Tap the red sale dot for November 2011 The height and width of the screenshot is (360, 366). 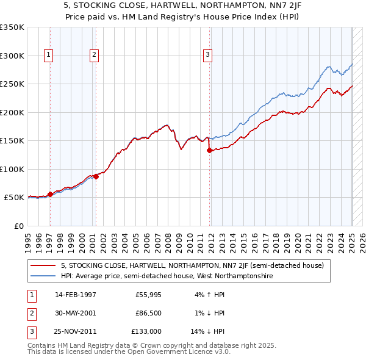tap(209, 150)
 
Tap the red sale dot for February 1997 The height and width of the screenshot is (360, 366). tap(50, 194)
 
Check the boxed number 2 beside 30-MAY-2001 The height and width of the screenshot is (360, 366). tap(31, 313)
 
